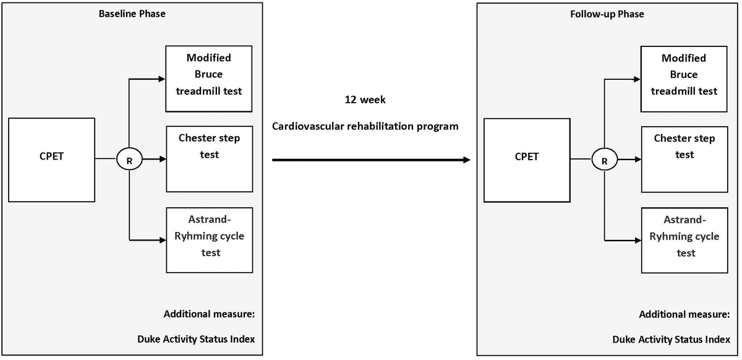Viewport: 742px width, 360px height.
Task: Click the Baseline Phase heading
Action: tap(132, 13)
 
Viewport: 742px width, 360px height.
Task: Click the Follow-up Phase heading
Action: tap(607, 14)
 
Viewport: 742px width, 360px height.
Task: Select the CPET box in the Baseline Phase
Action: tap(52, 159)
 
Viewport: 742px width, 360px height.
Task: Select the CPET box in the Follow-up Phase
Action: tap(527, 160)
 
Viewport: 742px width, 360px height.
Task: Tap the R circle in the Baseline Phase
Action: tap(129, 159)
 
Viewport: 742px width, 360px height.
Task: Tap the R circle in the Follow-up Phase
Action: tap(604, 160)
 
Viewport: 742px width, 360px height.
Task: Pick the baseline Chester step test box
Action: tap(209, 158)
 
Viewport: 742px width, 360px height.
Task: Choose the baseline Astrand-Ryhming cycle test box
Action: tap(209, 239)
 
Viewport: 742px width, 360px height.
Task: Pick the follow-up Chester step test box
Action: tap(684, 159)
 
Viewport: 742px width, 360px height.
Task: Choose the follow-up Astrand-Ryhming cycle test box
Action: tap(684, 241)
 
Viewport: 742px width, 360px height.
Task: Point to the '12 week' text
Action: tap(365, 100)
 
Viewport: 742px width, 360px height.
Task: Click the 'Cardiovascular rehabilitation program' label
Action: tap(365, 126)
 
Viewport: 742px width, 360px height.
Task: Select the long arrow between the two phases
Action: tap(371, 160)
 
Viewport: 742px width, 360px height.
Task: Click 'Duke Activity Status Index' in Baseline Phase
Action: tap(195, 339)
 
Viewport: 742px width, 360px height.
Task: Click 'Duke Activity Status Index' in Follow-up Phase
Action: tap(670, 340)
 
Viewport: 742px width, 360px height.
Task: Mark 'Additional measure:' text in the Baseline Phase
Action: tap(209, 314)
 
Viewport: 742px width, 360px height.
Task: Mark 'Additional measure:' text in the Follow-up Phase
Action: tap(684, 315)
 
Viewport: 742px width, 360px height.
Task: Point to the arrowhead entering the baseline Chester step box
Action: tap(163, 159)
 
